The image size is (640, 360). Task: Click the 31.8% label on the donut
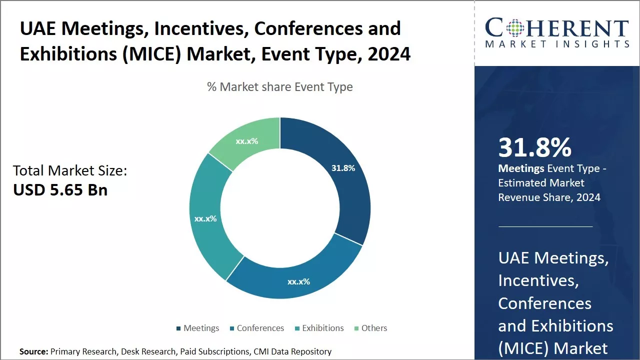coord(343,168)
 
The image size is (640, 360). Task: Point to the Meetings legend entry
coord(197,328)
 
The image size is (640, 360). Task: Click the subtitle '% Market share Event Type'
coord(280,87)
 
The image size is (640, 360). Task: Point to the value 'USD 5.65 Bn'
coord(60,190)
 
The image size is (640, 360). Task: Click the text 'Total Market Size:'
coord(70,171)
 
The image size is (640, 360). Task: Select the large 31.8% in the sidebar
coord(534,147)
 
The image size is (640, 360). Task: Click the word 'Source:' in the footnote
coord(33,351)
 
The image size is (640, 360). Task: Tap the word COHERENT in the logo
coord(557,28)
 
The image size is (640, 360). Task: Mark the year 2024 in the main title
coord(388,53)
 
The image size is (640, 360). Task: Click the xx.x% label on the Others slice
coord(247,141)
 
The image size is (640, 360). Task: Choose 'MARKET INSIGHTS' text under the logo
coord(557,44)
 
